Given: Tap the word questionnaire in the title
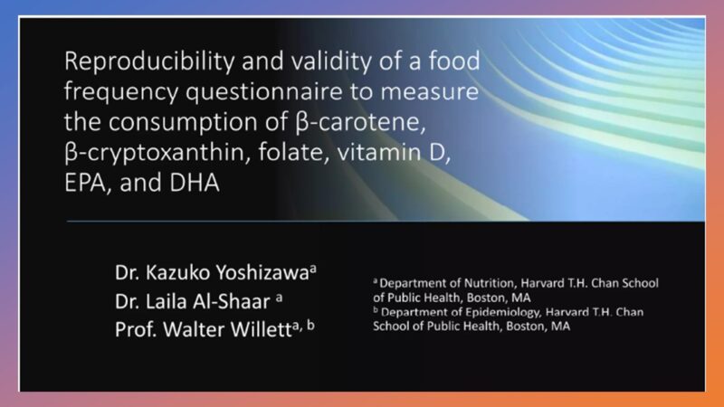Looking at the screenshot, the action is point(264,92).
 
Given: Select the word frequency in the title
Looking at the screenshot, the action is point(121,92).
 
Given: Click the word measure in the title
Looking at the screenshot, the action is point(429,91).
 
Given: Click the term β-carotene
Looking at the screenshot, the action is point(359,122).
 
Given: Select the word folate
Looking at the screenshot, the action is point(293,152).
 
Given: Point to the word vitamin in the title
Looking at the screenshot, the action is point(379,152).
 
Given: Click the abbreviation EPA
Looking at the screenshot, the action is point(88,183).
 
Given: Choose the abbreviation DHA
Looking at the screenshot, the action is point(194,183).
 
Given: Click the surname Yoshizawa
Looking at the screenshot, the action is point(262,273).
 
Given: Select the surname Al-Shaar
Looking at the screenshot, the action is point(231,301).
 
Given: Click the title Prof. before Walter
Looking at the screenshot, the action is point(137,329).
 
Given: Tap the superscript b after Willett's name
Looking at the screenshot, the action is point(310,326).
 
